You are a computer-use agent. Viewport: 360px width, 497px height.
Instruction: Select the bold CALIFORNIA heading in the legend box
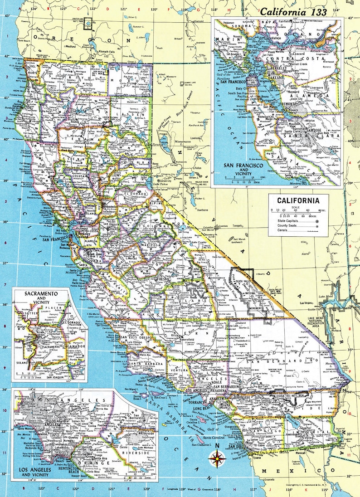[x=295, y=200]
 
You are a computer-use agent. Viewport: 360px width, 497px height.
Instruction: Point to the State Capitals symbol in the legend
[x=316, y=220]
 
